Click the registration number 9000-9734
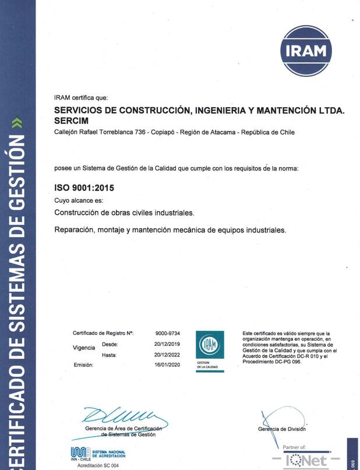(x=167, y=333)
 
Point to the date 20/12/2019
(x=167, y=344)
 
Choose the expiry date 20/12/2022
(x=167, y=355)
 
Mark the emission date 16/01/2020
(x=167, y=365)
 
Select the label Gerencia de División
(x=282, y=429)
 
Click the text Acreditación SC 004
(x=98, y=465)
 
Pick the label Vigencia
(x=84, y=348)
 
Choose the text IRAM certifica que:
(x=81, y=97)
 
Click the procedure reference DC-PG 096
(x=283, y=361)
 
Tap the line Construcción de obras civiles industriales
(x=124, y=213)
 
